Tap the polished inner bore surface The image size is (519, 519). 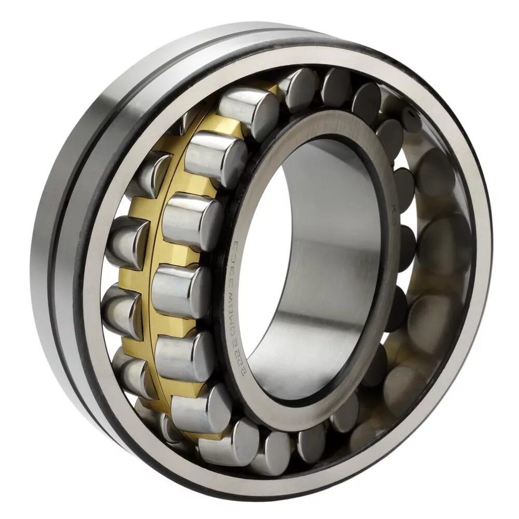(332, 259)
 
